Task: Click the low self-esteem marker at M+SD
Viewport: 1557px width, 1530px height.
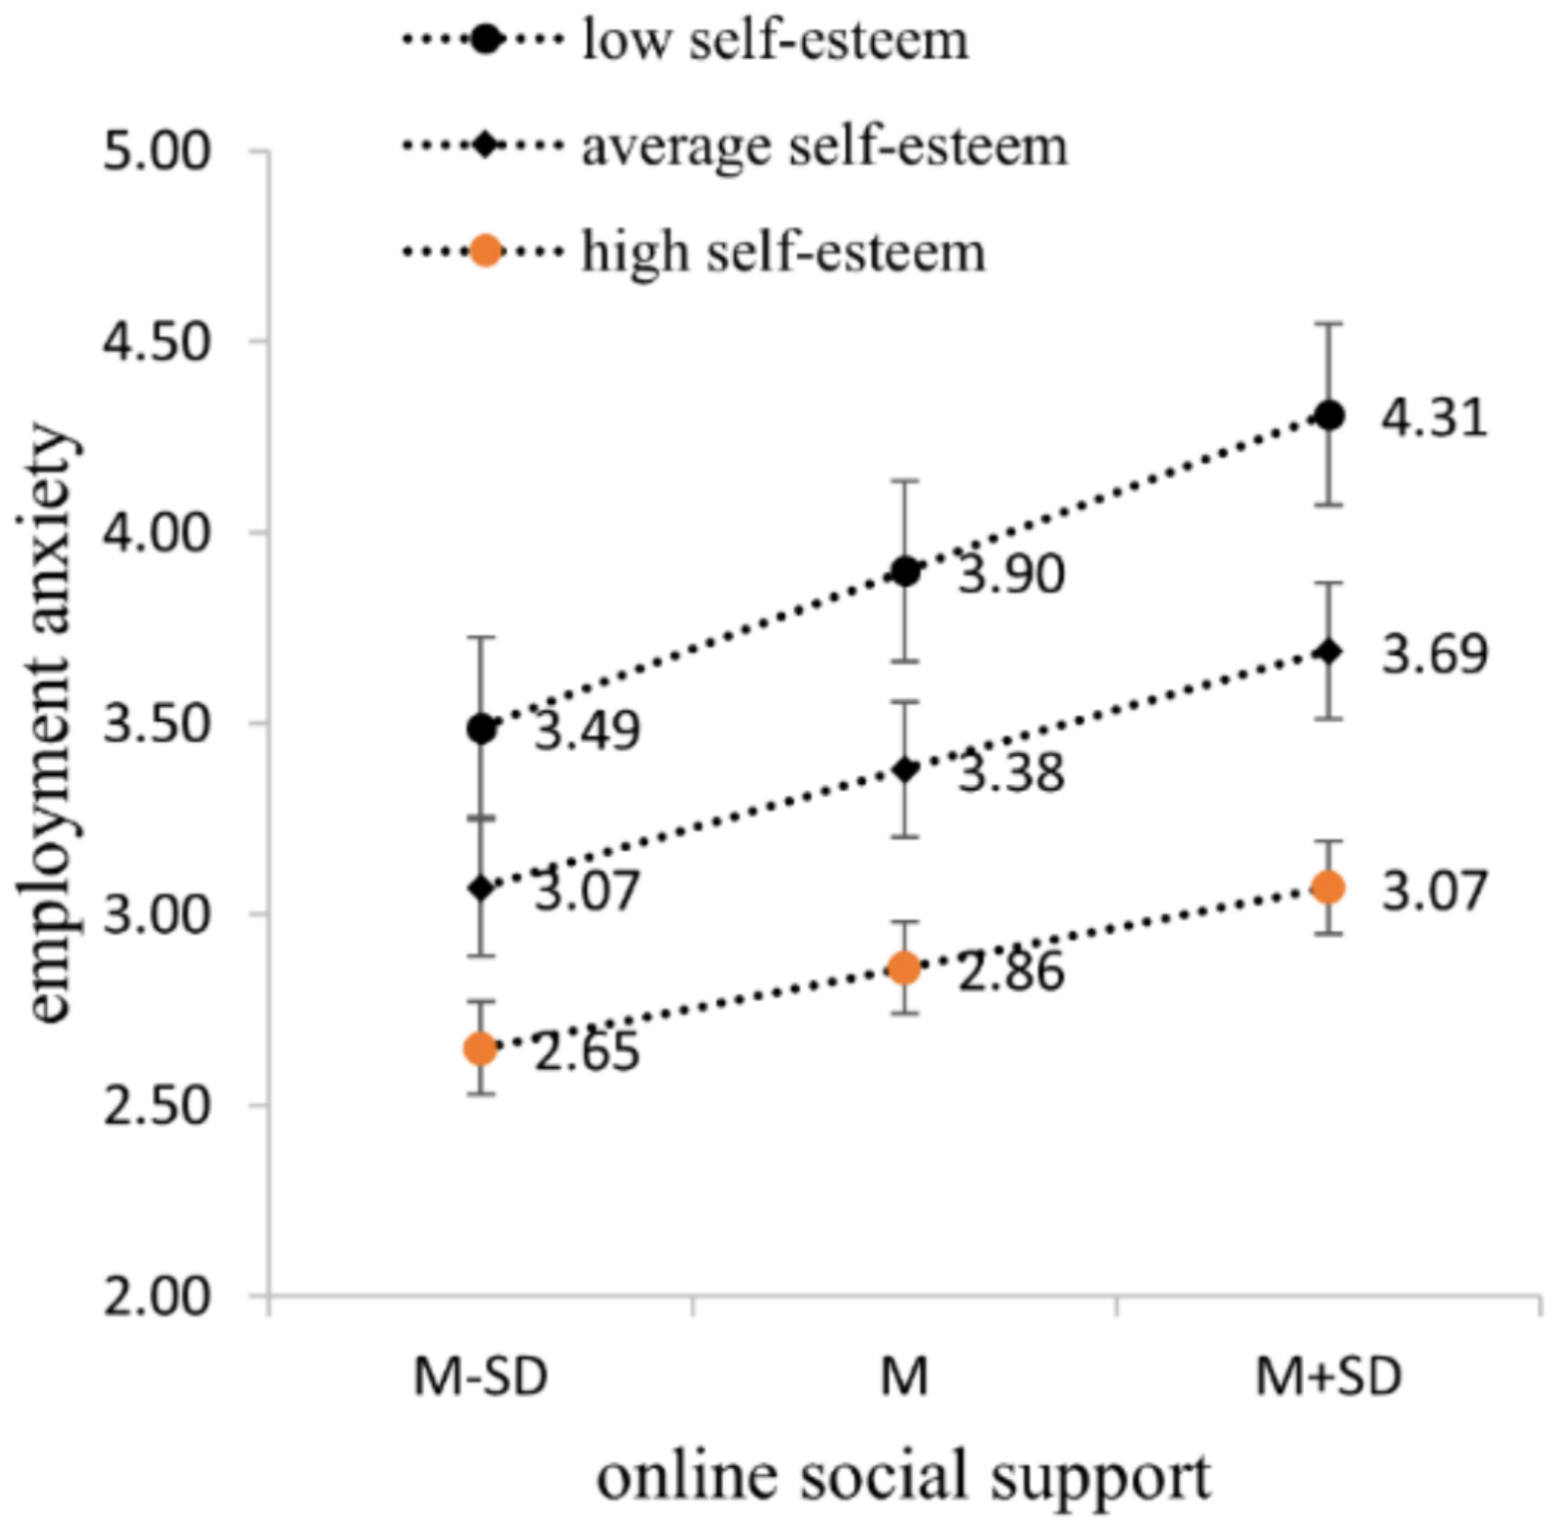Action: coord(1328,416)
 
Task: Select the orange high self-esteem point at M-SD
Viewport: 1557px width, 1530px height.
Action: coord(481,1048)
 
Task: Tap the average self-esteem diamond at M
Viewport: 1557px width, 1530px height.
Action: coord(905,770)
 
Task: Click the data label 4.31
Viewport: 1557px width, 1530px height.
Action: coord(1433,418)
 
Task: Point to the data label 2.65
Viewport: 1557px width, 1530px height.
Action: coord(586,1052)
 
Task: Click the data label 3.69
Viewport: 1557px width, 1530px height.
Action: coord(1433,654)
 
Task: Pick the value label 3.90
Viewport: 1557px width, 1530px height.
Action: coord(1010,574)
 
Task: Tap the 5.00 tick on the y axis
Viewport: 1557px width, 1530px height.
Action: coord(158,152)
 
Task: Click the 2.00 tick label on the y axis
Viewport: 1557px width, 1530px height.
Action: coord(158,1298)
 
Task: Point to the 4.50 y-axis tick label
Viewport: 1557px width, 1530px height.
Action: coord(158,342)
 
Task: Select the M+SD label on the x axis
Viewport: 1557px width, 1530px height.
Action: coord(1328,1377)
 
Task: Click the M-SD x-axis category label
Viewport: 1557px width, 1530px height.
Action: coord(481,1377)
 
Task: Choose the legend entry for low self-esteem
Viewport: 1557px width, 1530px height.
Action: coord(774,41)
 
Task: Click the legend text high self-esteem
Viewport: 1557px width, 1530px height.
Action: coord(783,250)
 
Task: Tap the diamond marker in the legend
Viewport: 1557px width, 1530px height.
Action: coord(485,146)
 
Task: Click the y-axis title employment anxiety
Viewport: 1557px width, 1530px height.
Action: coord(46,723)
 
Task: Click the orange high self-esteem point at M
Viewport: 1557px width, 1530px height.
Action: coord(905,967)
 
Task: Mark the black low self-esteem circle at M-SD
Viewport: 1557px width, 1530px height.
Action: coord(482,729)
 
